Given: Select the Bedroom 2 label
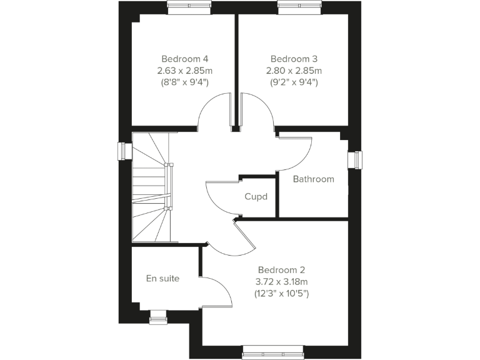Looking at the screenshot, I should click(x=281, y=270).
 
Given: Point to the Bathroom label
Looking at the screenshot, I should click(x=314, y=179).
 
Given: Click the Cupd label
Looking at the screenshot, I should click(x=256, y=197).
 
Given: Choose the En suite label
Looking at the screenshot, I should click(x=163, y=278).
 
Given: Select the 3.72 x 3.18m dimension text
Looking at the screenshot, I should click(x=281, y=281).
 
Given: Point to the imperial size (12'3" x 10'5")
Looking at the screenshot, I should click(x=281, y=292).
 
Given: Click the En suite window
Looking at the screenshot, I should click(x=158, y=317).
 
